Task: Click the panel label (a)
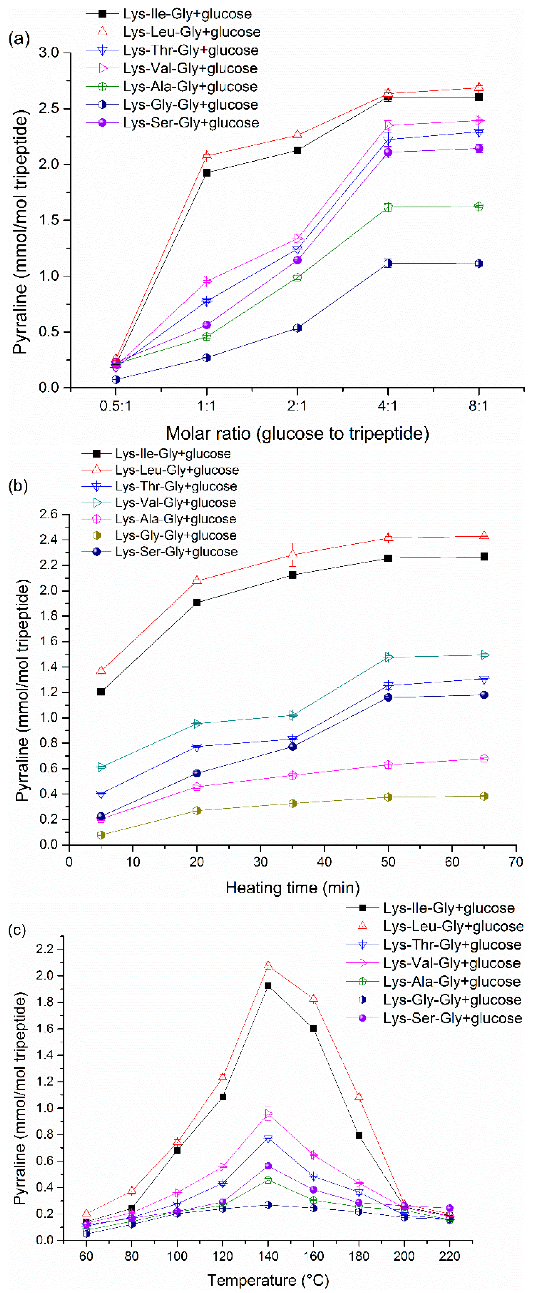[x=19, y=39]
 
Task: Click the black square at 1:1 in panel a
[x=207, y=173]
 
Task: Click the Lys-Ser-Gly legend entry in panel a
[x=191, y=123]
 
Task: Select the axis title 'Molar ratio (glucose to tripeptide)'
[x=297, y=433]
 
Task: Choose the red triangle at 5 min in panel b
[x=101, y=671]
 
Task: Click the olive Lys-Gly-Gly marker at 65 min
[x=484, y=796]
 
